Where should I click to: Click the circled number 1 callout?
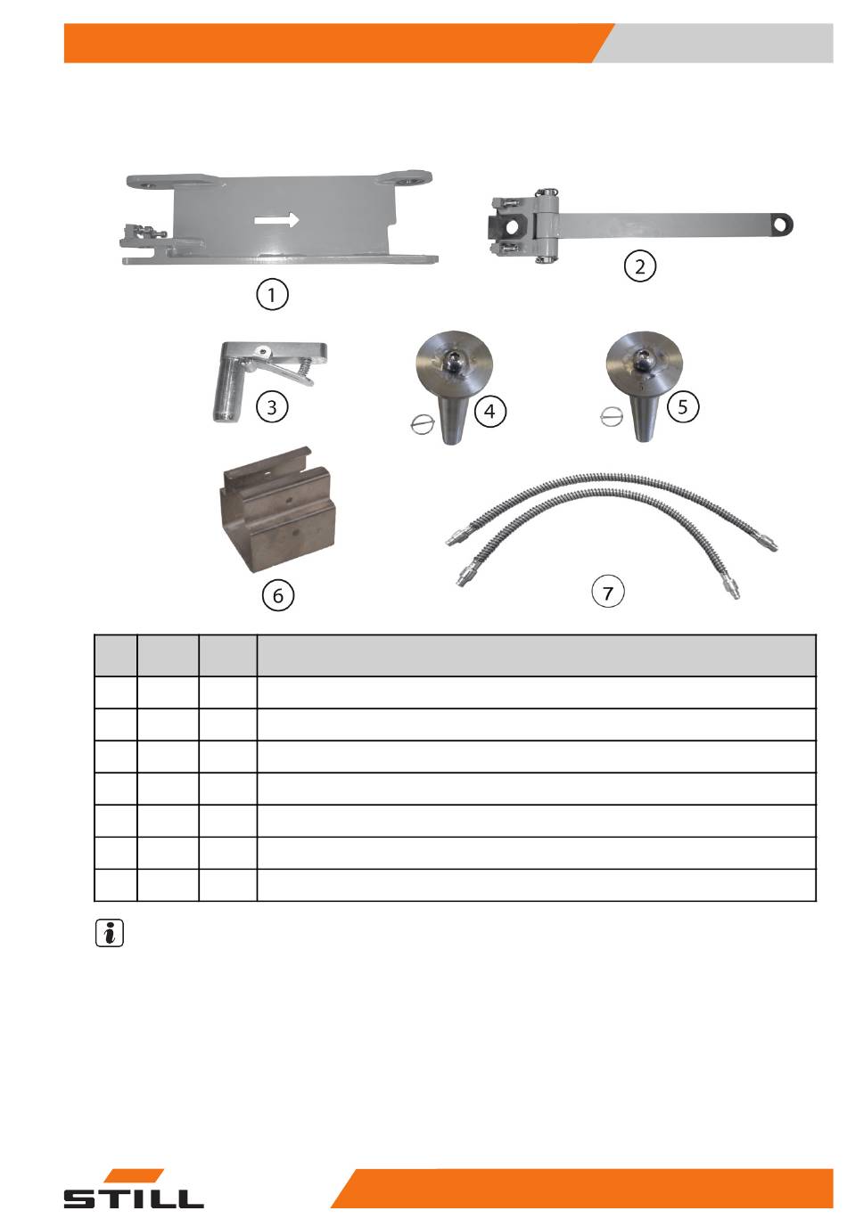click(x=272, y=295)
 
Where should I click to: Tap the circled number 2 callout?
click(x=639, y=266)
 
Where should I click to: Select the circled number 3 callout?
click(x=272, y=406)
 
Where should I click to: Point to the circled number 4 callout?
click(x=489, y=412)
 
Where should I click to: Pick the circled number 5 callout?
click(x=683, y=406)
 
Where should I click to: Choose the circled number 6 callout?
click(x=277, y=595)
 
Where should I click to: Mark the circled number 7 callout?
click(x=607, y=592)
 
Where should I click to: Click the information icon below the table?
click(x=110, y=933)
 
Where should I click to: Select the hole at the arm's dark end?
click(x=782, y=225)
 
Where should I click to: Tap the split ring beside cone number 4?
click(x=422, y=423)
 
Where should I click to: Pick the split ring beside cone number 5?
click(x=610, y=417)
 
